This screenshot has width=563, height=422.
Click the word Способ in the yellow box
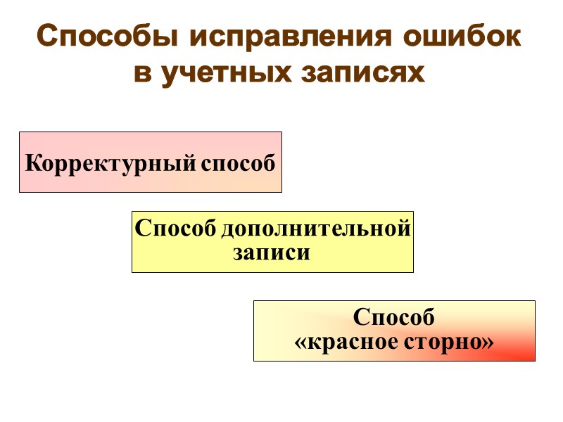click(x=175, y=229)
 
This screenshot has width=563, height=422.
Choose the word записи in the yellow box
click(x=272, y=252)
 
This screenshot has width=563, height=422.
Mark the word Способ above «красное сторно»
click(x=394, y=318)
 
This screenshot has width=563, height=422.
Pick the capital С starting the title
click(x=47, y=37)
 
